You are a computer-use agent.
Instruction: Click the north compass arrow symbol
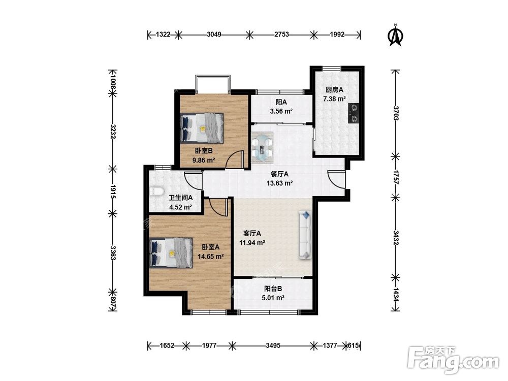coord(395,36)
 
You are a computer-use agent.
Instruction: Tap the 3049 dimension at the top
coord(214,35)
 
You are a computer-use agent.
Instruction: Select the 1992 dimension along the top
coord(337,35)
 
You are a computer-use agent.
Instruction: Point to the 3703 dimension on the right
coord(396,113)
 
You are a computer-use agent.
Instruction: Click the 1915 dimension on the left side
coord(113,192)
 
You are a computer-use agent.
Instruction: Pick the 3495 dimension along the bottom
coord(273,345)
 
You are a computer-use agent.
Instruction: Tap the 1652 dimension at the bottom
coord(167,345)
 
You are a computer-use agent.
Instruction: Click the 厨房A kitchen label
coord(334,90)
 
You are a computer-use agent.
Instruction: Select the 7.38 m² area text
coord(334,99)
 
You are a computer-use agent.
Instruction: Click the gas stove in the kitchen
coord(354,113)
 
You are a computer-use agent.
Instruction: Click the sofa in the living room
coord(305,235)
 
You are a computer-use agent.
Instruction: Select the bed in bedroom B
coord(202,128)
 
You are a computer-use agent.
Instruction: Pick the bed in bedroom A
coord(171,252)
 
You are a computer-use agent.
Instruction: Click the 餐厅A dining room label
coord(279,174)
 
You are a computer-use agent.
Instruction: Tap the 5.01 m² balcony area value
coord(273,298)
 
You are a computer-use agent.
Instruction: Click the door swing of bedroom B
coord(234,160)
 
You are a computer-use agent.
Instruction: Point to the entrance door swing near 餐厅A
coord(336,179)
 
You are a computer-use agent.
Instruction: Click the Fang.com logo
coord(453,360)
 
